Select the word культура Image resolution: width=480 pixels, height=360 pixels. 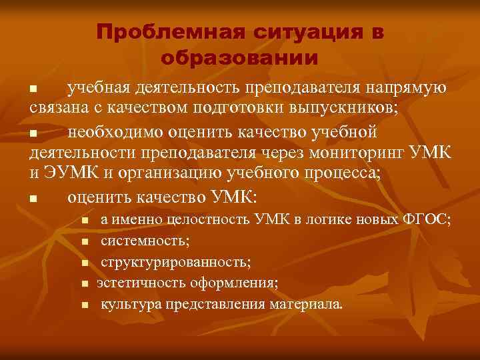(x=127, y=305)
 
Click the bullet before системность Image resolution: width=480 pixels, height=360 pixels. (x=85, y=241)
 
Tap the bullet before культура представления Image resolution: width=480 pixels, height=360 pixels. (x=85, y=305)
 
